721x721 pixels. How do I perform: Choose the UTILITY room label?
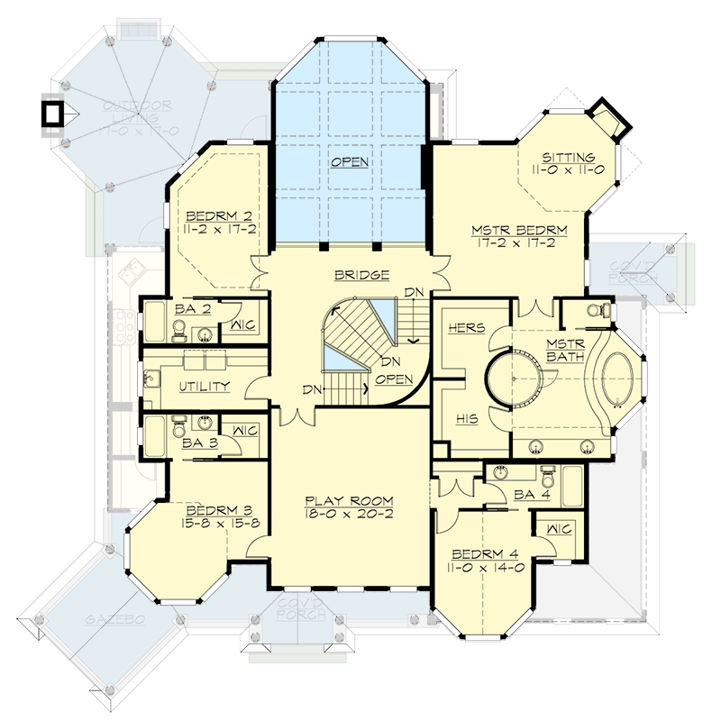click(204, 386)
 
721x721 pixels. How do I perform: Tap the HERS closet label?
click(466, 329)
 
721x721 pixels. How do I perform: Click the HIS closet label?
click(466, 419)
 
